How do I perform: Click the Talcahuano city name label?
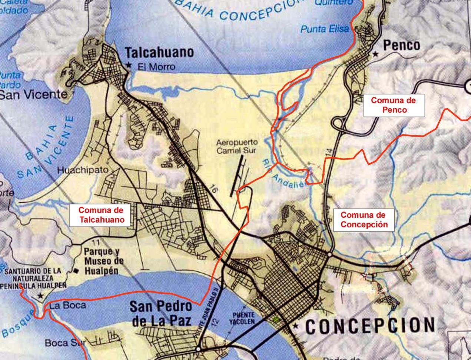[159, 52]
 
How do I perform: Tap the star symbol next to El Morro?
[129, 65]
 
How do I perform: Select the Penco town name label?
[402, 45]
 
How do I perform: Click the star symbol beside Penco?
[376, 54]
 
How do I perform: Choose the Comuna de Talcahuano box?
[101, 215]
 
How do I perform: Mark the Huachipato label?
[83, 170]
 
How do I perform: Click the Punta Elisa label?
[325, 29]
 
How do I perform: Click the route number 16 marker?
[212, 188]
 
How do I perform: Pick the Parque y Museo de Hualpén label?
[103, 261]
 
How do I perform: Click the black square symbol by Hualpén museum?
[76, 271]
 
